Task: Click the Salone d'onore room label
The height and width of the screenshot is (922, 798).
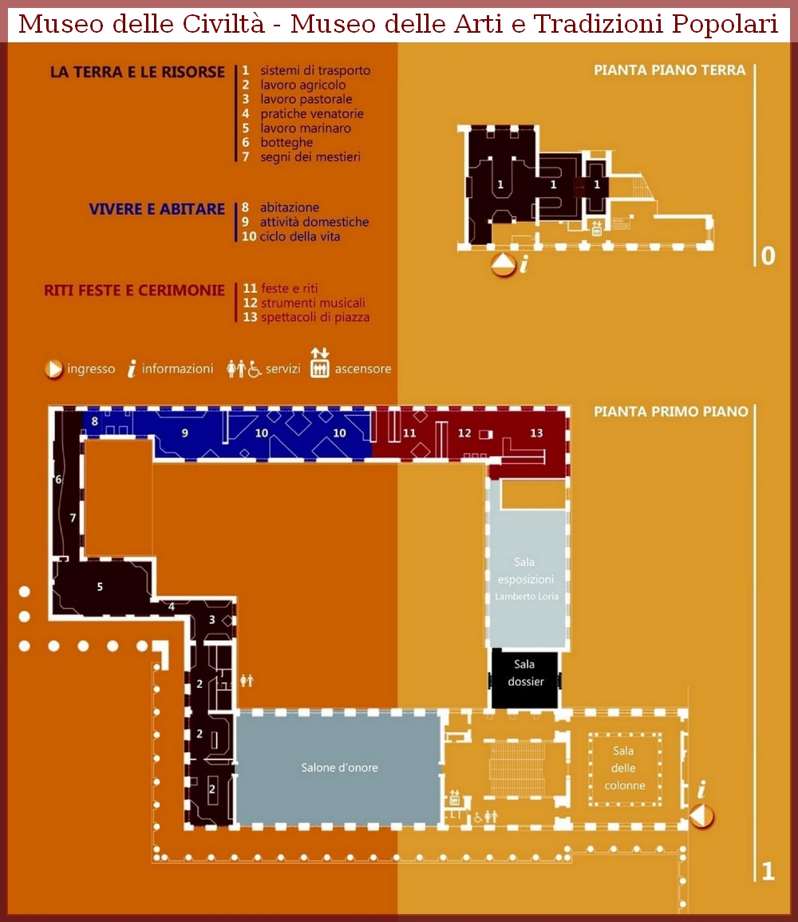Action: tap(339, 767)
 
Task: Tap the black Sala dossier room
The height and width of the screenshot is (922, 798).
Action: tap(525, 679)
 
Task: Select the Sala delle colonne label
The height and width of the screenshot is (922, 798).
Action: tap(624, 768)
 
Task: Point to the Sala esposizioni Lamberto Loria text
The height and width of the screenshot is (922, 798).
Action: tap(526, 580)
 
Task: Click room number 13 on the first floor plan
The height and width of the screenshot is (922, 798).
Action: tap(536, 433)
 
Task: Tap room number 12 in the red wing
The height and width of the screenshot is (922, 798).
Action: tap(464, 433)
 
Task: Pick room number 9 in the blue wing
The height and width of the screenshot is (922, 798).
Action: tap(184, 433)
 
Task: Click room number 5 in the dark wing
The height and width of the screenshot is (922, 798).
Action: tap(100, 587)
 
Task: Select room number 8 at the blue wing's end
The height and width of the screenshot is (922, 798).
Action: tap(95, 421)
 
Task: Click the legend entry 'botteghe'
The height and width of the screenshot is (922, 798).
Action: tap(286, 142)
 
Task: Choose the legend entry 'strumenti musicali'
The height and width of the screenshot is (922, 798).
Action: tap(313, 303)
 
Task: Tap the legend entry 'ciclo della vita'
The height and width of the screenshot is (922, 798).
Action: tap(300, 236)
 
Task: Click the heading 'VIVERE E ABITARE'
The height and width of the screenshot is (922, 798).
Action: tap(157, 209)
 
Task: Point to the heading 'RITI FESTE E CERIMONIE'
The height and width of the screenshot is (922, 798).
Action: tap(135, 291)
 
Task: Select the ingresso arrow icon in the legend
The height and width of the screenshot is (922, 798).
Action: tap(53, 370)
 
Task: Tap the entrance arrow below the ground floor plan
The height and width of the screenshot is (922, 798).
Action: tap(503, 264)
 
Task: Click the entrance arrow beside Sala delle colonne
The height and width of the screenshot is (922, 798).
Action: tap(701, 816)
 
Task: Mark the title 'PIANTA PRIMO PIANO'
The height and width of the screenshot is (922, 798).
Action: tap(670, 412)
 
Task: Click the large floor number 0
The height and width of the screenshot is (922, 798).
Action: tap(768, 255)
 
